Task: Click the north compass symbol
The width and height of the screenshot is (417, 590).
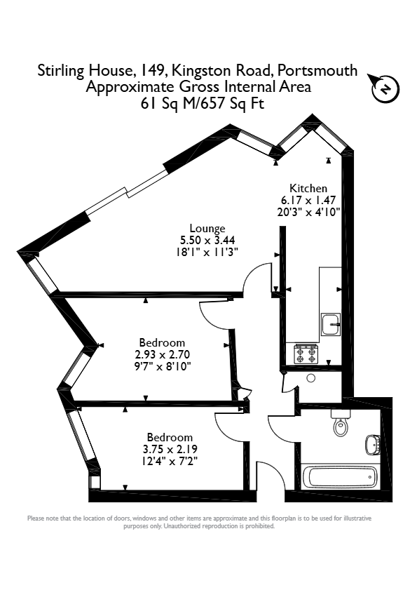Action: pyautogui.click(x=384, y=88)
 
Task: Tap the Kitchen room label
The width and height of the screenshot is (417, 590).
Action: pyautogui.click(x=308, y=188)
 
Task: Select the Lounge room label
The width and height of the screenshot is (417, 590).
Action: pyautogui.click(x=207, y=228)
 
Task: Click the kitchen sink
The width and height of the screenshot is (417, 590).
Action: pyautogui.click(x=331, y=324)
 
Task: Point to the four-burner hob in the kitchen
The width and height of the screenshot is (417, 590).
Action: pyautogui.click(x=306, y=354)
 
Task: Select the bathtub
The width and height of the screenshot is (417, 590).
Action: pyautogui.click(x=343, y=477)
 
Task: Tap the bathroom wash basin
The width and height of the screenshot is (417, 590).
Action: pyautogui.click(x=373, y=445)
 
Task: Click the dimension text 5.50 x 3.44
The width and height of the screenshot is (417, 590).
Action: pyautogui.click(x=207, y=240)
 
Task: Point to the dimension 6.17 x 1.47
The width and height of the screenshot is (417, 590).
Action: pyautogui.click(x=308, y=200)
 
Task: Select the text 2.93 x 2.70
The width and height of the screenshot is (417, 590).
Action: pyautogui.click(x=163, y=354)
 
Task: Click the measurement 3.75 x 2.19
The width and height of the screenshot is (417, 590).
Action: pyautogui.click(x=170, y=449)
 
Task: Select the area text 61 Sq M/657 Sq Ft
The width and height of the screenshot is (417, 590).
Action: pyautogui.click(x=203, y=103)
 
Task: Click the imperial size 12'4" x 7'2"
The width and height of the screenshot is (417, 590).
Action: pyautogui.click(x=170, y=460)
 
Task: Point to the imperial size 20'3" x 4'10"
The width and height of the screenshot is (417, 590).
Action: pyautogui.click(x=308, y=213)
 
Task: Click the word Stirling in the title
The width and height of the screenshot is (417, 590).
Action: pyautogui.click(x=60, y=71)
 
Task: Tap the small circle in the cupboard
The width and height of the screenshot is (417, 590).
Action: pyautogui.click(x=311, y=378)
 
